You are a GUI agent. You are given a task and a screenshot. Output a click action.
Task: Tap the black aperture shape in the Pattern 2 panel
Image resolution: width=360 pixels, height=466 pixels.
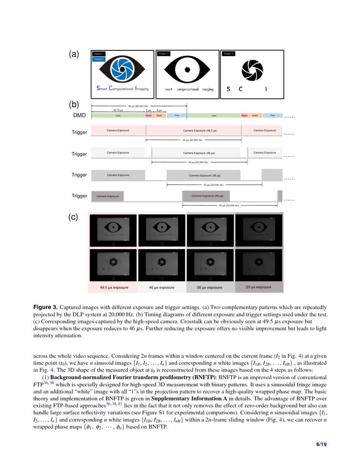click(x=252, y=69)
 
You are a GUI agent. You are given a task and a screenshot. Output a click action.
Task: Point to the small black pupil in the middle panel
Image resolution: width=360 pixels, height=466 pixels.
click(x=187, y=69)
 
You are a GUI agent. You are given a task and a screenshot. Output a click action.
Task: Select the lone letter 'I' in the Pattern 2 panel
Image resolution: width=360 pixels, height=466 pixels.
click(x=266, y=89)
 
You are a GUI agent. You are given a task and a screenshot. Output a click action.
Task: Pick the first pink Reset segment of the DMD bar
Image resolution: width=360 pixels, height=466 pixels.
click(x=149, y=115)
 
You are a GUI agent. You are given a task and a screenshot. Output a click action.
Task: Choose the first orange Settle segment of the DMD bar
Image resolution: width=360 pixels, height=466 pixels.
click(x=159, y=115)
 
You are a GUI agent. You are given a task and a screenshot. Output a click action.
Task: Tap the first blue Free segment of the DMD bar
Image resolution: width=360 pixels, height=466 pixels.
click(x=177, y=115)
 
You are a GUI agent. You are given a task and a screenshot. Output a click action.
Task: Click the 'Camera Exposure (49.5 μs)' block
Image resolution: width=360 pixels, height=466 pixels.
click(x=199, y=131)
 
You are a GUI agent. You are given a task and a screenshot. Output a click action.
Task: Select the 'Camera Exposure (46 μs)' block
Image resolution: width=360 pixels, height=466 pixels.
click(x=199, y=153)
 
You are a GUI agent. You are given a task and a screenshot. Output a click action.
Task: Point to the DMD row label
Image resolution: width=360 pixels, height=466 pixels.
click(x=79, y=115)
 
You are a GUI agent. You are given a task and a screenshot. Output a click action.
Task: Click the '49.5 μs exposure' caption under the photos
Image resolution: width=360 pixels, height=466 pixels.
click(x=113, y=287)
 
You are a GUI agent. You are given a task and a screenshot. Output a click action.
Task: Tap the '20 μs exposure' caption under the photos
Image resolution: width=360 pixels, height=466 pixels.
click(x=258, y=287)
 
